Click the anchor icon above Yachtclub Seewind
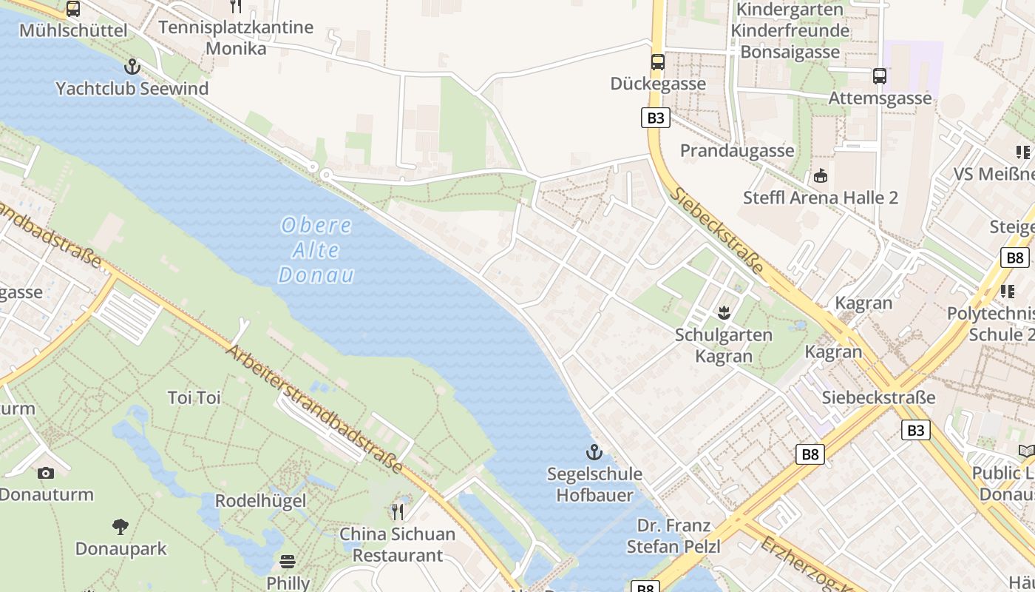tap(132, 67)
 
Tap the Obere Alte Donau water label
tap(316, 249)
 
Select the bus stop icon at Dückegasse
tap(658, 62)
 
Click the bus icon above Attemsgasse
tap(880, 75)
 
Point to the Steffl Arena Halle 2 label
tap(821, 198)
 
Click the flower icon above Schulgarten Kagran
tap(724, 313)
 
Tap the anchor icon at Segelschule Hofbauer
tap(594, 451)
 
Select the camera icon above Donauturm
tap(46, 473)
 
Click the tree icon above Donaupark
tap(121, 527)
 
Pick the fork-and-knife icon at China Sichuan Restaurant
tap(398, 511)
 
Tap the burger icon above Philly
tap(288, 562)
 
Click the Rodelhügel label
tap(260, 500)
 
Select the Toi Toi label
tap(194, 397)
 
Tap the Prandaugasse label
tap(737, 150)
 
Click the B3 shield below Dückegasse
tap(655, 118)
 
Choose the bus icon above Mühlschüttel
tap(72, 9)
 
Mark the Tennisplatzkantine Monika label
tap(236, 38)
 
